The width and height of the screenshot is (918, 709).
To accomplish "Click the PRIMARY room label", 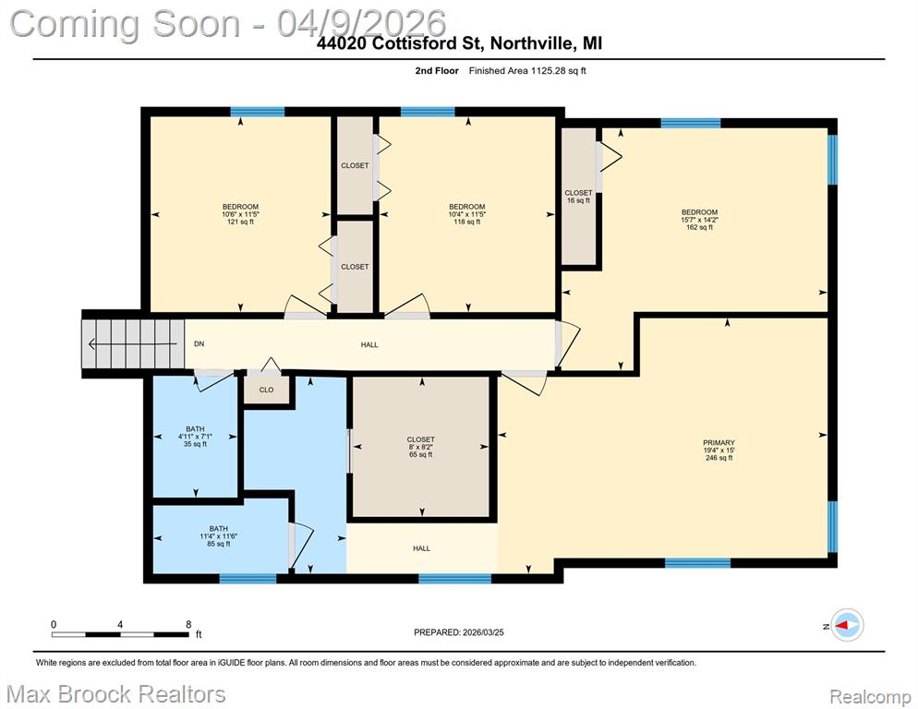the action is point(719,451).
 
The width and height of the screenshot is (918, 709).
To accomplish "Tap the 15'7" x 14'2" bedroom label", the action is point(700,220).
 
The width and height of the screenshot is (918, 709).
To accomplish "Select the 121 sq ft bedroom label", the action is point(240,214).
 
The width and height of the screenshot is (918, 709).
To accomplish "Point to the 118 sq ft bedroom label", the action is point(467,214).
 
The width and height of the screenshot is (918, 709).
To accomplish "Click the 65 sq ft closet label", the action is point(421,447).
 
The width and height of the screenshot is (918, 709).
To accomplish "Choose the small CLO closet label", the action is point(266,390).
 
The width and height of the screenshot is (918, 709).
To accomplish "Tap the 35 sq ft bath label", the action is point(195,436).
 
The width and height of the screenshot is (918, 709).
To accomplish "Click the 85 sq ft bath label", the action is point(218,536).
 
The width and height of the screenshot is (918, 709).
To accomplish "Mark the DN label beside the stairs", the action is point(199,344).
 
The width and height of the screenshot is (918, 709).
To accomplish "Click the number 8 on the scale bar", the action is point(188,625).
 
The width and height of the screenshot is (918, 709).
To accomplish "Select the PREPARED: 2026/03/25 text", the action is point(459,632).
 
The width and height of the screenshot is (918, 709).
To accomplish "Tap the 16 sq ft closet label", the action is point(578,197).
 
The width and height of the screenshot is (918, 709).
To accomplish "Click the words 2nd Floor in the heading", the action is point(437,71).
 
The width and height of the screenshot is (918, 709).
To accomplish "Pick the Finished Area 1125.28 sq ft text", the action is point(527,71).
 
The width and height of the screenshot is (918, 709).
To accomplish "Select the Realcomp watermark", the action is point(871,697).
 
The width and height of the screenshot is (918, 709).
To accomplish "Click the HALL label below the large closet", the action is point(421,548).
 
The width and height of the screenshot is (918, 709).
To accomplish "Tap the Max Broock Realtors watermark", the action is point(116,695).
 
